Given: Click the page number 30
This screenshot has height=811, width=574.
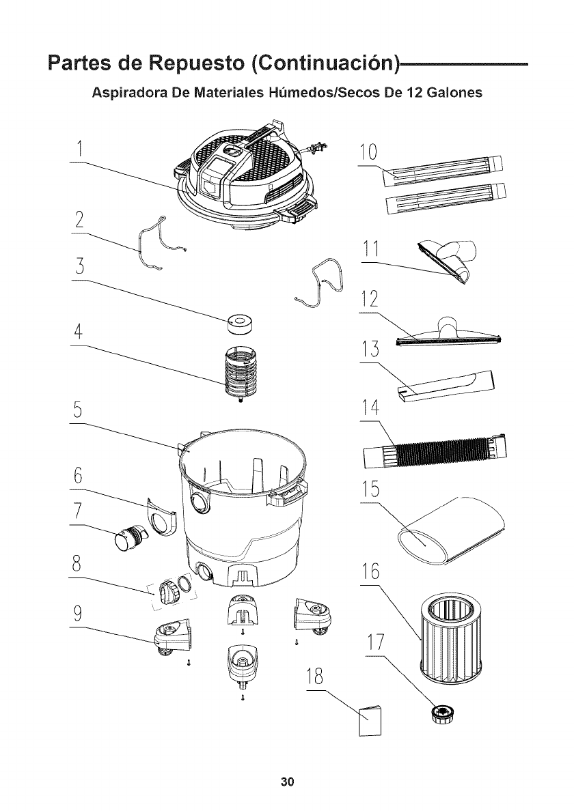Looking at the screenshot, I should pyautogui.click(x=286, y=781).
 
